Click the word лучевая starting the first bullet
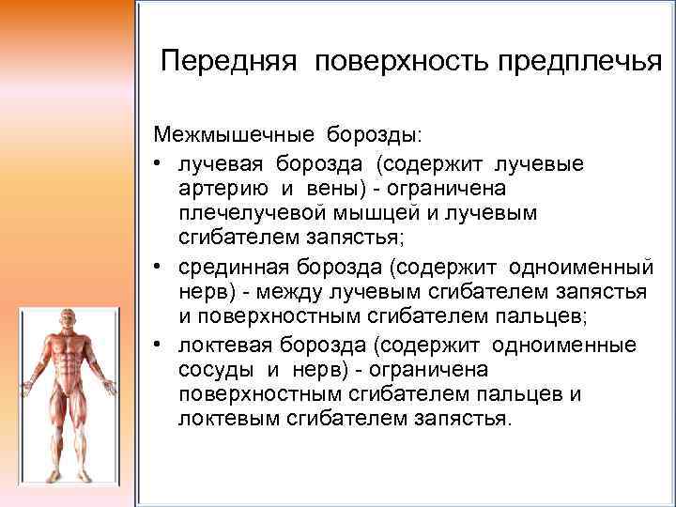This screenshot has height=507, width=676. click(216, 164)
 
